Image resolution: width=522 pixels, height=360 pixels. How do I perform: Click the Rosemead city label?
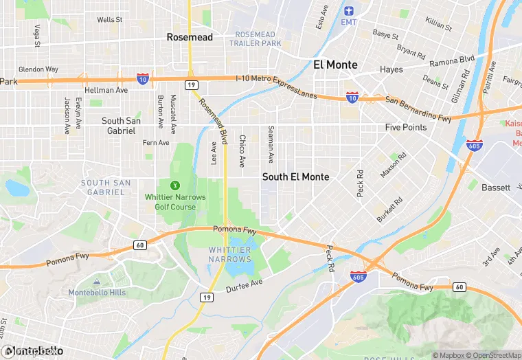pyautogui.click(x=190, y=37)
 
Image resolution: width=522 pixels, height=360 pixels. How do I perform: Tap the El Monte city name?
pyautogui.click(x=335, y=65)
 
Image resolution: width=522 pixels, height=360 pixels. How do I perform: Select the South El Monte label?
pyautogui.click(x=295, y=177)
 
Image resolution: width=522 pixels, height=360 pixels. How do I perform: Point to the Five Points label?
pyautogui.click(x=405, y=127)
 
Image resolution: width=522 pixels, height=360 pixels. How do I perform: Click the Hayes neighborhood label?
pyautogui.click(x=391, y=69)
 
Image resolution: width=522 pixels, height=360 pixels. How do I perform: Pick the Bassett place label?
pyautogui.click(x=495, y=188)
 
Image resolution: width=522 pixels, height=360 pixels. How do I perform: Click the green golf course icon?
pyautogui.click(x=174, y=185)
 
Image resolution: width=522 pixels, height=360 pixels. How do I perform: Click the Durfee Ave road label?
pyautogui.click(x=245, y=285)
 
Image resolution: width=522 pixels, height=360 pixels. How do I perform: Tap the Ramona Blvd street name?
pyautogui.click(x=453, y=61)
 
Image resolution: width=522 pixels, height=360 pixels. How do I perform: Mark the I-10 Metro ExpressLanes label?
pyautogui.click(x=276, y=87)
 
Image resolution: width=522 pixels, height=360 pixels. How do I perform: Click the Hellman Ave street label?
pyautogui.click(x=106, y=90)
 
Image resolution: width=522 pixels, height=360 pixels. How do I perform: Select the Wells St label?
pyautogui.click(x=109, y=20)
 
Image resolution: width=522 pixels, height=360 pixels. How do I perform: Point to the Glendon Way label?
pyautogui.click(x=38, y=69)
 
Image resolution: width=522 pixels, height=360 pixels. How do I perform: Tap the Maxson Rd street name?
pyautogui.click(x=394, y=165)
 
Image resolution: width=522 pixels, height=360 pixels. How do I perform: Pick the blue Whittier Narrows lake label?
pyautogui.click(x=229, y=255)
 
